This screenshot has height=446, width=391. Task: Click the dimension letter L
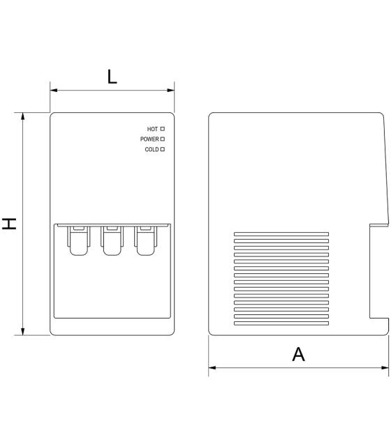tap(112, 77)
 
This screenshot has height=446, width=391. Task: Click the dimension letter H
tap(9, 224)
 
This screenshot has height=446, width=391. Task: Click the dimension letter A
tap(298, 354)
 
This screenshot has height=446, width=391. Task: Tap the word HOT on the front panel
tap(152, 129)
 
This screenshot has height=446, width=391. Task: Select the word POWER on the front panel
tap(149, 139)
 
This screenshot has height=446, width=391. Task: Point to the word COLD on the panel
tap(152, 149)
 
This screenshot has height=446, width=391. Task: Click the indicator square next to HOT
tap(163, 129)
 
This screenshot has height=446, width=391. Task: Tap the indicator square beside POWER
tap(163, 139)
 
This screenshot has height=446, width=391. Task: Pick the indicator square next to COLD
tap(163, 149)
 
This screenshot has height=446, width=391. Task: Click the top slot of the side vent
tap(281, 234)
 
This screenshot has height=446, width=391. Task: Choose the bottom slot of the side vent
tap(281, 323)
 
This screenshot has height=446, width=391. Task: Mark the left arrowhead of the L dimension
tap(54, 91)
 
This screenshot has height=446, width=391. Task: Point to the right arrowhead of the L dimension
tap(170, 91)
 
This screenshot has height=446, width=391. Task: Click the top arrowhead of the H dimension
tap(23, 116)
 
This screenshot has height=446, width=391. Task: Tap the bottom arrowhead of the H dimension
tap(23, 332)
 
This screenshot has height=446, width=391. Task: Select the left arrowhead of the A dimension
tap(212, 368)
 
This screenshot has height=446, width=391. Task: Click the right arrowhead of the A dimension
tap(385, 368)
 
